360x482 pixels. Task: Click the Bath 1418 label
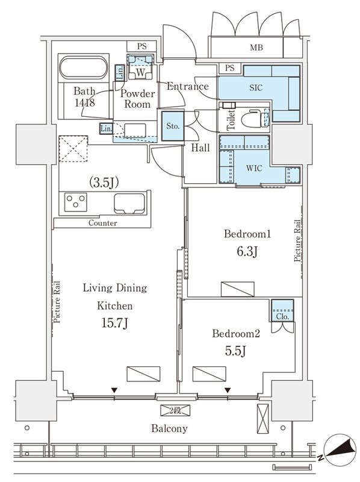coord(84,97)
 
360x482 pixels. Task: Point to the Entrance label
coord(187,86)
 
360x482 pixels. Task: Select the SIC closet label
coord(256,87)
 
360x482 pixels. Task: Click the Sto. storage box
coord(171,127)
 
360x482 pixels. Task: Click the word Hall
coord(200,148)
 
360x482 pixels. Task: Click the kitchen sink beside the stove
coord(129,204)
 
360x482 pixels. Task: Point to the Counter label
coord(102,223)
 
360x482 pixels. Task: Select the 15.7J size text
coord(114,324)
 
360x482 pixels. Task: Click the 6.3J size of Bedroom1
coord(247,251)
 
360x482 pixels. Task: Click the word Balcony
coord(169,428)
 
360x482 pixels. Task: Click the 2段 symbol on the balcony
coord(175,410)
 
